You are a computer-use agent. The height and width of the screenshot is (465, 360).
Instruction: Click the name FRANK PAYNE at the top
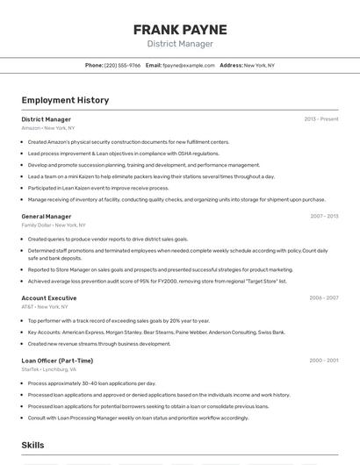pyautogui.click(x=179, y=30)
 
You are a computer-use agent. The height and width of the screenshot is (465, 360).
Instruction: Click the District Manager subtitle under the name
pyautogui.click(x=179, y=44)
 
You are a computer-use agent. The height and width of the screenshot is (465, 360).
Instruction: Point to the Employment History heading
pyautogui.click(x=65, y=100)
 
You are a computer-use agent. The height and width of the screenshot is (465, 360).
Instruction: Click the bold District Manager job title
pyautogui.click(x=47, y=119)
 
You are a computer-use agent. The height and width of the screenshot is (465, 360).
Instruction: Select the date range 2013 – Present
pyautogui.click(x=321, y=119)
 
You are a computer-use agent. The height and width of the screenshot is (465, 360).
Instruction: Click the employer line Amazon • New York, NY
pyautogui.click(x=48, y=128)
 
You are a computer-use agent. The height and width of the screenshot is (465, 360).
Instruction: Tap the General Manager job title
pyautogui.click(x=47, y=216)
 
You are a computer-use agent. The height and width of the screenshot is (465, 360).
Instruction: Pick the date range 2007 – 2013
pyautogui.click(x=324, y=216)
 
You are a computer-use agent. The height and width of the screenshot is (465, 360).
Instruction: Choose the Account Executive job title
pyautogui.click(x=49, y=297)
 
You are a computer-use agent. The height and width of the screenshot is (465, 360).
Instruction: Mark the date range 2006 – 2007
pyautogui.click(x=324, y=297)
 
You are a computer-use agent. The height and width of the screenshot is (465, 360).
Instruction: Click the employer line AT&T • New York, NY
pyautogui.click(x=45, y=307)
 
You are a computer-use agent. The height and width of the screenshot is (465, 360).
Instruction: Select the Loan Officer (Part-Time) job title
pyautogui.click(x=57, y=361)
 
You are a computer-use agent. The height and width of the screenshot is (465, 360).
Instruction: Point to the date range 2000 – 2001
pyautogui.click(x=324, y=361)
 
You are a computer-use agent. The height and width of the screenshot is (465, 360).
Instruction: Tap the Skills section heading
pyautogui.click(x=32, y=446)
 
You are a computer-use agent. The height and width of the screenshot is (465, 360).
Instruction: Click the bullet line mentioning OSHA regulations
pyautogui.click(x=123, y=153)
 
